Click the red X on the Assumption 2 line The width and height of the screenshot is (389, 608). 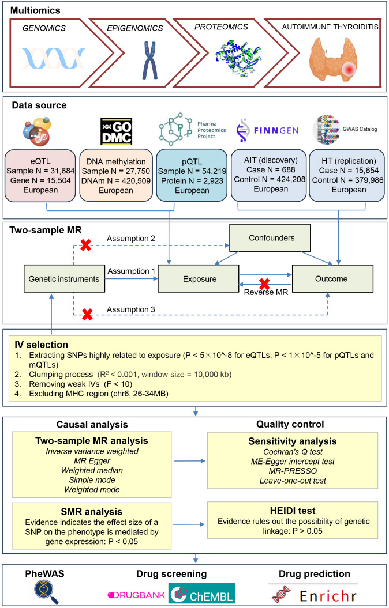(x=85, y=245)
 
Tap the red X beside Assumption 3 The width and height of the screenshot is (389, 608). (x=87, y=315)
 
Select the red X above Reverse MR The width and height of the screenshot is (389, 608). (x=265, y=284)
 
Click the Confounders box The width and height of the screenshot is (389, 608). (x=271, y=238)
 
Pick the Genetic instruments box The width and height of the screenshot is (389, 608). (x=64, y=278)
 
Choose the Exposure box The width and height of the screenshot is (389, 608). (x=200, y=278)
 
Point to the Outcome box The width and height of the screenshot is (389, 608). (x=332, y=278)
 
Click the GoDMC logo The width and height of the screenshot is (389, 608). (x=116, y=132)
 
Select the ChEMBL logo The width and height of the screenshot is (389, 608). (x=201, y=593)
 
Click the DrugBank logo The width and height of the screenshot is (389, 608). (x=136, y=595)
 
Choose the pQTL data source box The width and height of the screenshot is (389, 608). (x=192, y=176)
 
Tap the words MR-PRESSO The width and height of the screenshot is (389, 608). (x=293, y=471)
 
